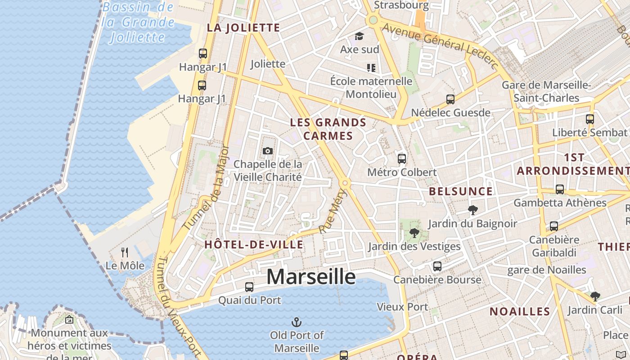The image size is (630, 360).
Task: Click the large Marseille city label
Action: coord(311,276)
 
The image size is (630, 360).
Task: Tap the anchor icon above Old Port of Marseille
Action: coord(297,322)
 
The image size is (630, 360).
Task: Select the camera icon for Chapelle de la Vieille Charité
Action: coord(267,151)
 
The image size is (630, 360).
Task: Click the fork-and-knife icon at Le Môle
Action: coord(125,252)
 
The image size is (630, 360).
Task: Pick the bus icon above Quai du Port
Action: coord(249,287)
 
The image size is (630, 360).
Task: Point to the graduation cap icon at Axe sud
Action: coord(359,36)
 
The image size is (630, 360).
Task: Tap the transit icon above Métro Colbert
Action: coord(402,159)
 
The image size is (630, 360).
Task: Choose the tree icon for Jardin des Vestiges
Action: coord(414,233)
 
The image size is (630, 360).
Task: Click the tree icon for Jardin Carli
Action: coord(595,296)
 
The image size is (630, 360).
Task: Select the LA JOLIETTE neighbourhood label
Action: coord(243,27)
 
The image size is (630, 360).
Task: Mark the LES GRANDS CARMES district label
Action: coord(328,129)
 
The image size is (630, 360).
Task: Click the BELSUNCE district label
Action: coord(460,191)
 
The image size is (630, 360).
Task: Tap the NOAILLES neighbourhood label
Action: coord(520,311)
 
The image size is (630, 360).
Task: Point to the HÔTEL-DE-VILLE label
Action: coord(254,244)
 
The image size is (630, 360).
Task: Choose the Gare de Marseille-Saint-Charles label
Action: coord(546,91)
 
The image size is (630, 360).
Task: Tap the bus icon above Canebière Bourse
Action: coord(437,266)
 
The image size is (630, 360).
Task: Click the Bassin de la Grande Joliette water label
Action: coord(138,22)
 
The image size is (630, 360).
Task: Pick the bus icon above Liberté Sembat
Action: coord(590,119)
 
